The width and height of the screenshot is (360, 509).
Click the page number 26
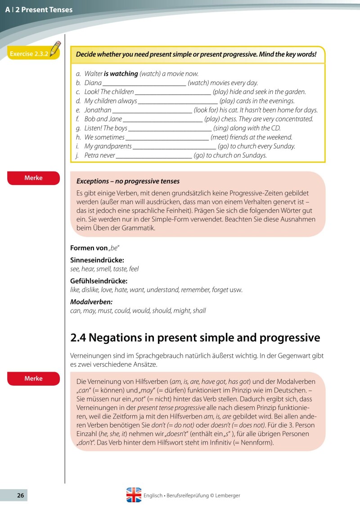point(20,495)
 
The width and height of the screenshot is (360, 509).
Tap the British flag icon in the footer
point(134,495)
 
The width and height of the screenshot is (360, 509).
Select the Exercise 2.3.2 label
point(28,54)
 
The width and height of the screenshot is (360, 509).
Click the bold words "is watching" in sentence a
point(121,73)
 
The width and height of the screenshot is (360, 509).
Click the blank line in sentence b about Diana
point(144,83)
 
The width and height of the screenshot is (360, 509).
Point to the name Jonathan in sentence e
point(98,110)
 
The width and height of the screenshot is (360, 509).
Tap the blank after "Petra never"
point(153,156)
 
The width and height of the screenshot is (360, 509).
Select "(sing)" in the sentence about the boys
point(221,128)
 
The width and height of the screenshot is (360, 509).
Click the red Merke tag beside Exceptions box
point(33,178)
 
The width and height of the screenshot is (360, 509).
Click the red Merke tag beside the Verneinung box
point(33,378)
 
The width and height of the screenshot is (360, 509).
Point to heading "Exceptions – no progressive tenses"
point(128,181)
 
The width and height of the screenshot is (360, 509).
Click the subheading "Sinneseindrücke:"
point(97,260)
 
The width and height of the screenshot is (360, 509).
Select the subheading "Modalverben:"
point(91,302)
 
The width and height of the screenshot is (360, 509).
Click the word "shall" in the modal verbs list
point(199,311)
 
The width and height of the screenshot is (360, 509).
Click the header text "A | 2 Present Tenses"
point(39,9)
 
